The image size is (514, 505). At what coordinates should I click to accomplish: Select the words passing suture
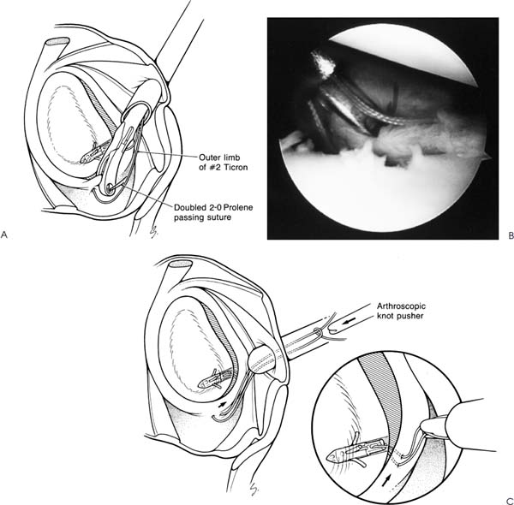(202, 217)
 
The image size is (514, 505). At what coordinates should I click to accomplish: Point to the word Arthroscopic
(401, 306)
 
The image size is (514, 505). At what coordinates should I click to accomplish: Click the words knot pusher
(400, 316)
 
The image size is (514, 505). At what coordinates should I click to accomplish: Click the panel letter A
(4, 235)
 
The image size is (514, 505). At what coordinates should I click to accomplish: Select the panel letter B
(511, 235)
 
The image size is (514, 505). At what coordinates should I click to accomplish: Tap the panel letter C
(510, 501)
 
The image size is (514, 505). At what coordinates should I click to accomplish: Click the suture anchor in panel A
(95, 153)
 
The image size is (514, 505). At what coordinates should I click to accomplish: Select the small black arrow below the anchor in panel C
(222, 405)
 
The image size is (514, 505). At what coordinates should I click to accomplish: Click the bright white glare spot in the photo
(323, 65)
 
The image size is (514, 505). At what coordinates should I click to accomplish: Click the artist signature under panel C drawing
(254, 487)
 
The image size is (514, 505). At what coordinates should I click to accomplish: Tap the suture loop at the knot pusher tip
(319, 332)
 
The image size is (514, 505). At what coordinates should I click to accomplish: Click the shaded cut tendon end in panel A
(57, 41)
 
